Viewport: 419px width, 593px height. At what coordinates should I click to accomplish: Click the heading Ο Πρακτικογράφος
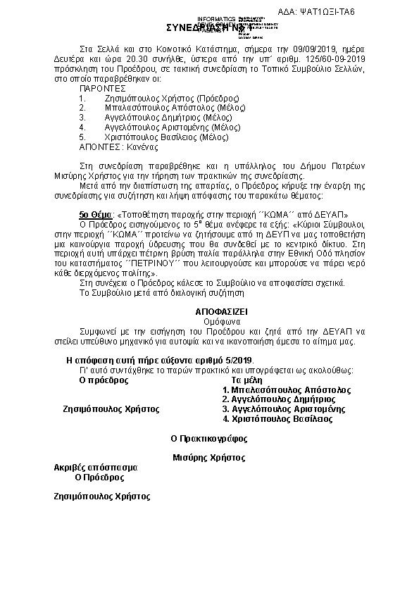pyautogui.click(x=209, y=438)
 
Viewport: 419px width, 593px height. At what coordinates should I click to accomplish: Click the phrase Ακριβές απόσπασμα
pyautogui.click(x=96, y=467)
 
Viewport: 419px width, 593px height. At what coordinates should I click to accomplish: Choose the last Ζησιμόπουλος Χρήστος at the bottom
pyautogui.click(x=102, y=496)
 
